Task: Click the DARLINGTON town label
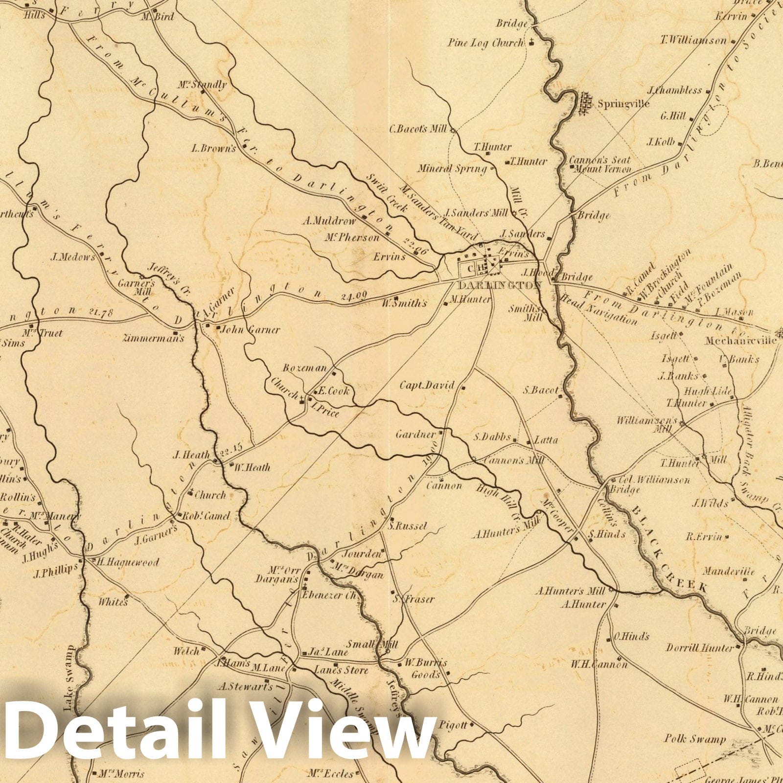coord(500,285)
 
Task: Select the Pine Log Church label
coord(485,43)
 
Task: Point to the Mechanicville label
coord(740,341)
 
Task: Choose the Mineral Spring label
coord(452,169)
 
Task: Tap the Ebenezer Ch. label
coord(331,596)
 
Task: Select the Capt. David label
coord(427,385)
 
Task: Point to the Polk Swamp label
coord(695,739)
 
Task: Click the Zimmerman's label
coord(154,338)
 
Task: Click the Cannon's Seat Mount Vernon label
coord(600,164)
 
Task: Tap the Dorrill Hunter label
coord(700,648)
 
